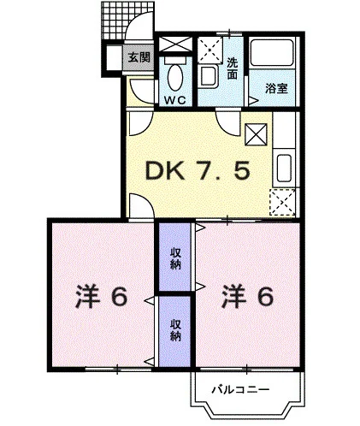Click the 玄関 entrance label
coord(139,57)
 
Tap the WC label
coord(174,100)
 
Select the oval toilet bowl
coord(175,78)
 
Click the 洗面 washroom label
coord(232,68)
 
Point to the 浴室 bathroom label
coord(276,88)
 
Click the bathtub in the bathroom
coord(272,52)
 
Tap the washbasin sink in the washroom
coord(209,76)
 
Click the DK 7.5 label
coord(198,170)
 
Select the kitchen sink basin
coord(284,168)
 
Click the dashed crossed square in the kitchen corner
coord(282,202)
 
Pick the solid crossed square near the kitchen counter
coord(256,134)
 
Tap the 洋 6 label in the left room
coord(101,297)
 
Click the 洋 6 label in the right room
coord(248,297)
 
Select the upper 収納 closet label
coord(175,258)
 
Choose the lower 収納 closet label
coord(175,330)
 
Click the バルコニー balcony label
coord(240,389)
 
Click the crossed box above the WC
coord(175,44)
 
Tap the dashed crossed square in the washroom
coord(210,50)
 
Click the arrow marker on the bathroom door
coord(253,101)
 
